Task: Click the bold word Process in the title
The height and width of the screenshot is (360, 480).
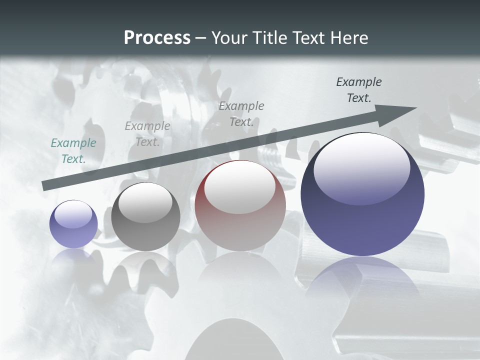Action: [157, 38]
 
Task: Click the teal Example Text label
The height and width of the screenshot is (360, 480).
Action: [73, 150]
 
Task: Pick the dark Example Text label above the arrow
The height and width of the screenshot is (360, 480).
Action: [358, 90]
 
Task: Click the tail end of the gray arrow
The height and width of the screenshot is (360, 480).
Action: [45, 186]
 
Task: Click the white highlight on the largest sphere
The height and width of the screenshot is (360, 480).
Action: [361, 167]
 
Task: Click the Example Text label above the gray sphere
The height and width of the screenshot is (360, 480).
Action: [147, 134]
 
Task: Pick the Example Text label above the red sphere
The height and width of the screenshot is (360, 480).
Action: [241, 113]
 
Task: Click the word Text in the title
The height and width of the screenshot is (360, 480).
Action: [308, 38]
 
